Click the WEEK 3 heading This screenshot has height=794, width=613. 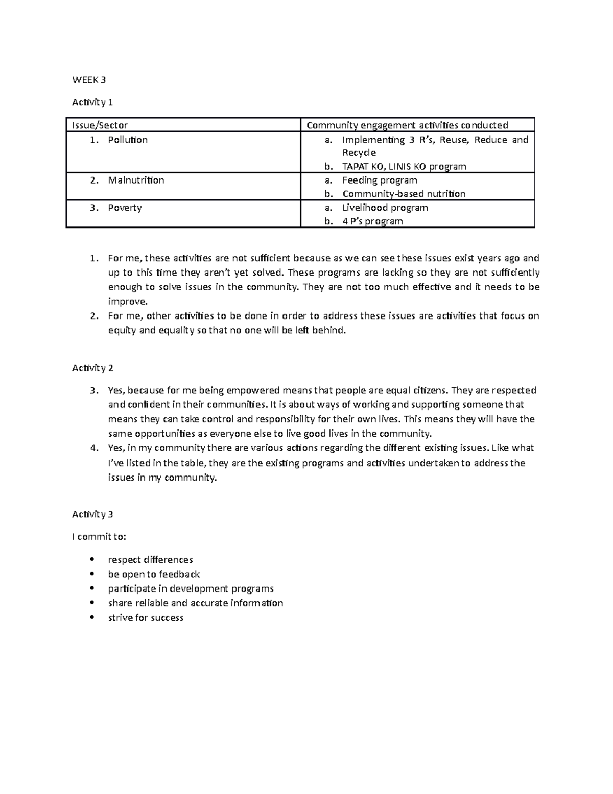tap(89, 80)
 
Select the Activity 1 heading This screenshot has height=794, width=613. tap(92, 102)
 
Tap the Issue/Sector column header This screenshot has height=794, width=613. tap(100, 125)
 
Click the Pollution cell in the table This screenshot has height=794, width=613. tap(128, 140)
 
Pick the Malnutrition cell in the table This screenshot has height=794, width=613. tap(136, 180)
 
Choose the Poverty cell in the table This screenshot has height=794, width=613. tap(125, 208)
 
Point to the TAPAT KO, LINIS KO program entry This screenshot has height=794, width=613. tap(404, 166)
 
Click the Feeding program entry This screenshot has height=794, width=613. tap(380, 180)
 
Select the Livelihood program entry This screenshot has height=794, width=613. tap(385, 208)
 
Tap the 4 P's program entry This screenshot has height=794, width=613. tap(372, 221)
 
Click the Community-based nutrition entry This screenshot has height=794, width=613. tap(404, 194)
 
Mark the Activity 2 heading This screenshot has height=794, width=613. tap(92, 368)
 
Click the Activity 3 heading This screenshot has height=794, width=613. tap(92, 514)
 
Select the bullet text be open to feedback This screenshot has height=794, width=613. tap(154, 574)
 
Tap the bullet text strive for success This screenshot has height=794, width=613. tap(146, 618)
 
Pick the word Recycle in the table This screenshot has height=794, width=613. tap(359, 153)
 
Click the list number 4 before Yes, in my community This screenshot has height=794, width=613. tap(93, 448)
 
